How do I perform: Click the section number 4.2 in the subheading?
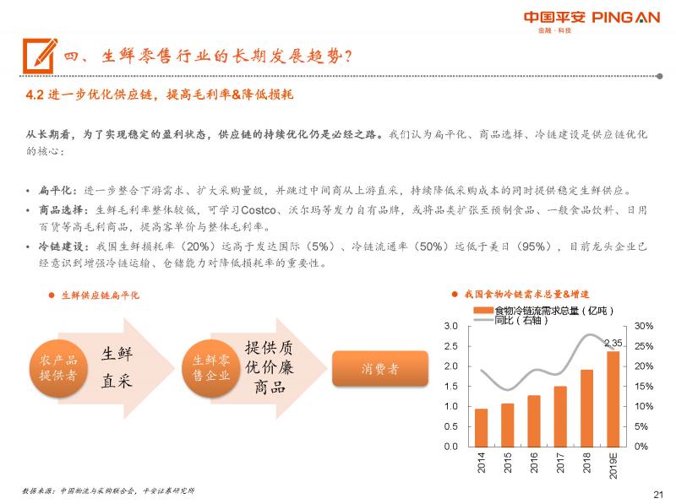click(34, 95)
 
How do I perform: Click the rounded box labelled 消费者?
click(380, 369)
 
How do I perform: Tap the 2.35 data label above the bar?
click(613, 343)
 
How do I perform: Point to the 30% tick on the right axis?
click(643, 326)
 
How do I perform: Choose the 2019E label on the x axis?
click(614, 465)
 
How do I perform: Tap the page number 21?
click(658, 495)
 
